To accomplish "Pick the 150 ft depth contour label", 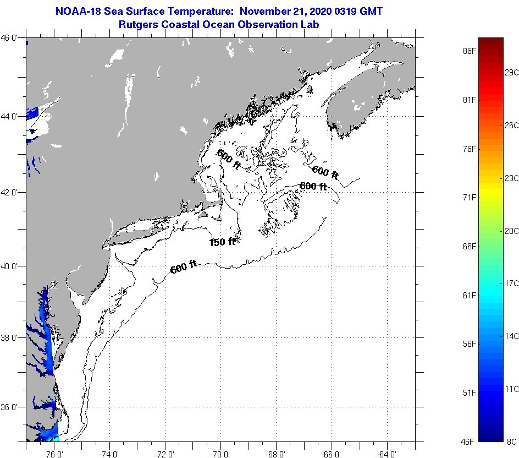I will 222,242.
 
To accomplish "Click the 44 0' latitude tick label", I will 13,117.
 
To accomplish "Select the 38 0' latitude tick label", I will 13,337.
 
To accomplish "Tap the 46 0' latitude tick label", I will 13,38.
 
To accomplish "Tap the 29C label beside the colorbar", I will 512,73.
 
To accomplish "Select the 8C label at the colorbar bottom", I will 512,441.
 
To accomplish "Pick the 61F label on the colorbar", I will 470,296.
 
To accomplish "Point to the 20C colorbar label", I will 512,231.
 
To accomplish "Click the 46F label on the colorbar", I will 470,441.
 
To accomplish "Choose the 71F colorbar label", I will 470,197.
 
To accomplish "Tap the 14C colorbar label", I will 512,336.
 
